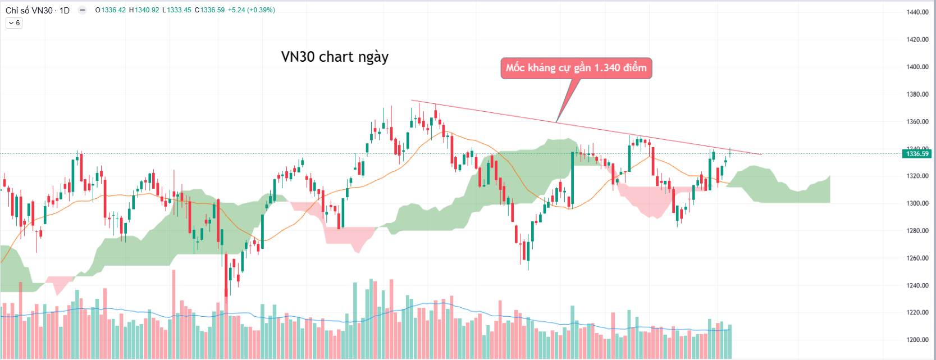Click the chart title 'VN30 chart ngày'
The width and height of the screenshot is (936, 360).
pyautogui.click(x=335, y=57)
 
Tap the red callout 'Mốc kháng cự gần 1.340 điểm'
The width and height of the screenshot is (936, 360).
pyautogui.click(x=576, y=69)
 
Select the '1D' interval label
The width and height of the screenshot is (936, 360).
pyautogui.click(x=64, y=10)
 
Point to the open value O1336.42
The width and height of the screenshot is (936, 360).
pyautogui.click(x=111, y=10)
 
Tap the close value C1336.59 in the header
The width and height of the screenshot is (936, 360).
pyautogui.click(x=209, y=10)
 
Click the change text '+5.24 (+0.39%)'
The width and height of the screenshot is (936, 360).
pyautogui.click(x=252, y=10)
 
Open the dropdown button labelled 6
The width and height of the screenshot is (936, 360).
pyautogui.click(x=13, y=23)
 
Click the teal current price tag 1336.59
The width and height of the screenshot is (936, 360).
pyautogui.click(x=915, y=154)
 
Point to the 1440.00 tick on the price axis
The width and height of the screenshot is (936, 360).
pyautogui.click(x=917, y=12)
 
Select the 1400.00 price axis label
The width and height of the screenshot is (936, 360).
pyautogui.click(x=917, y=67)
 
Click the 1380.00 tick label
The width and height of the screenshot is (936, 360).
pyautogui.click(x=917, y=94)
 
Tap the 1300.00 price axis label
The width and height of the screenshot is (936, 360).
pyautogui.click(x=917, y=203)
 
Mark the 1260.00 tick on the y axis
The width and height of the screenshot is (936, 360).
pyautogui.click(x=917, y=258)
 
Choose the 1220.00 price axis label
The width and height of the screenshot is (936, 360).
pyautogui.click(x=917, y=313)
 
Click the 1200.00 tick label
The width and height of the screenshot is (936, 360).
pyautogui.click(x=917, y=340)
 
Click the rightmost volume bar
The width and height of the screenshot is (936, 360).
pyautogui.click(x=730, y=334)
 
